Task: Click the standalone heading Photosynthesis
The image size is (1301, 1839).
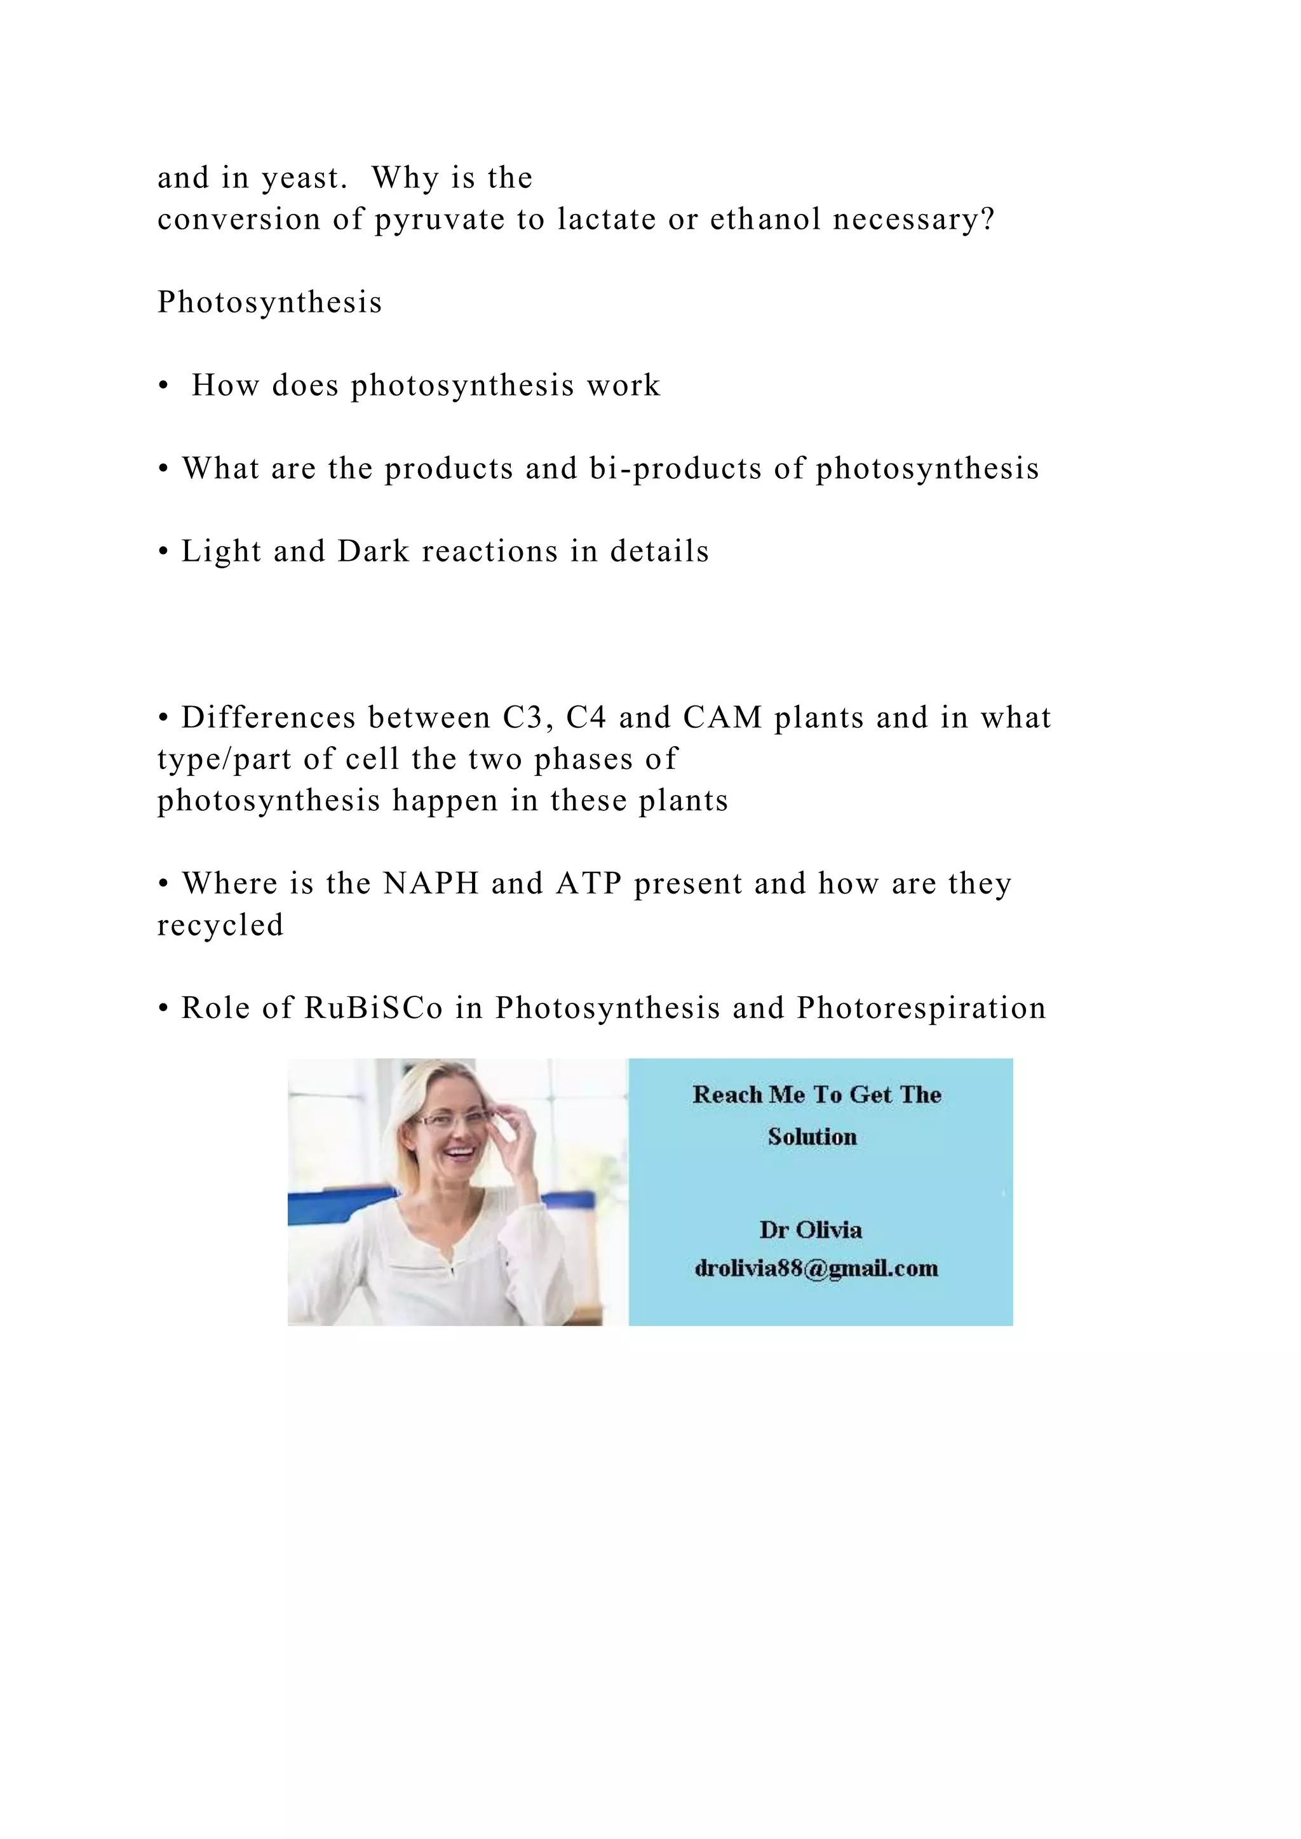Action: click(x=269, y=303)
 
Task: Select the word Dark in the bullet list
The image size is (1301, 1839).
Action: click(x=374, y=552)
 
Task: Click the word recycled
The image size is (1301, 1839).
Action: click(x=220, y=925)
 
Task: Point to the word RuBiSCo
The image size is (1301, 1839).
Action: click(x=374, y=1008)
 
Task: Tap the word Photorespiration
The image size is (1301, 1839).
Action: click(x=921, y=1008)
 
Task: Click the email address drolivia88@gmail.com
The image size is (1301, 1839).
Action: click(x=816, y=1268)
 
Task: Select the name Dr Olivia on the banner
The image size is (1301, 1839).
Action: click(x=811, y=1229)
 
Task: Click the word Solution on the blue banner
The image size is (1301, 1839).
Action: click(x=812, y=1137)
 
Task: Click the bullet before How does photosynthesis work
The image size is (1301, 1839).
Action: click(x=163, y=387)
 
